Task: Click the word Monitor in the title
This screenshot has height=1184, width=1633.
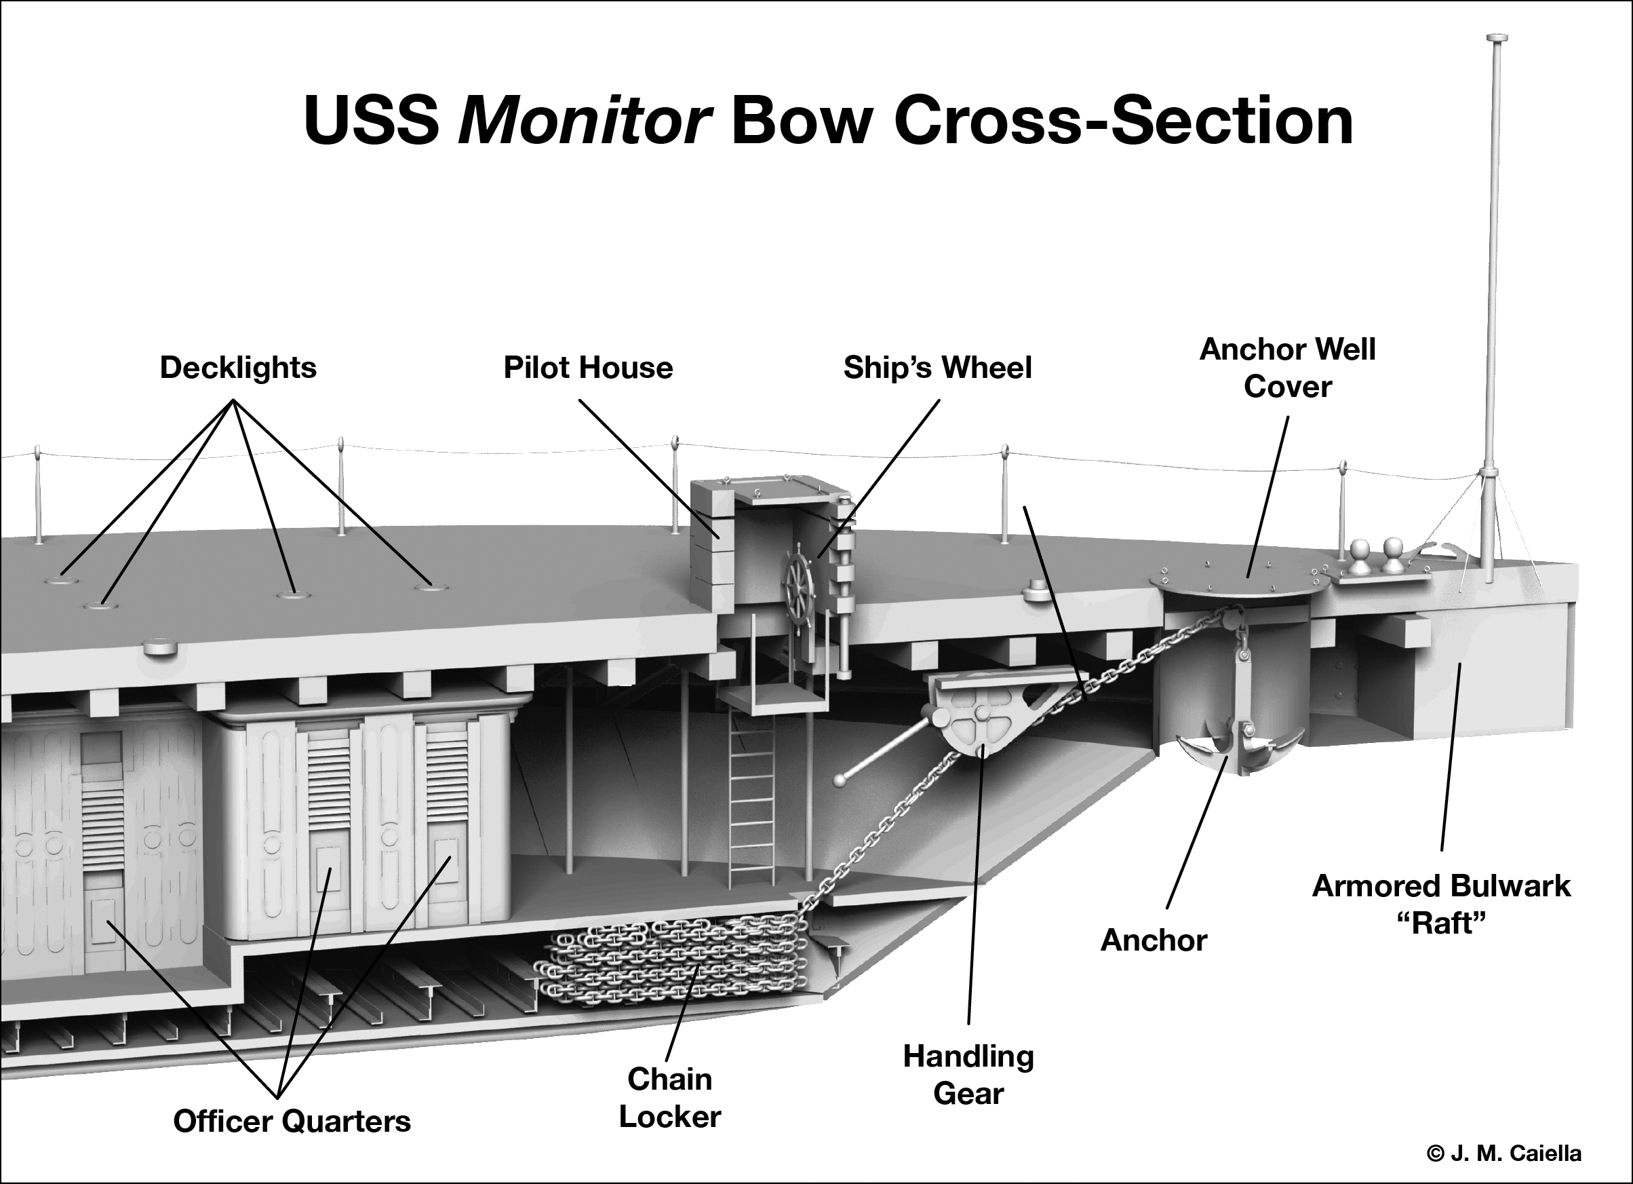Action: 585,119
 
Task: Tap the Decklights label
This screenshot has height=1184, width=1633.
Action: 237,368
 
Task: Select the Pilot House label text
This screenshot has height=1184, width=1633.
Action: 587,368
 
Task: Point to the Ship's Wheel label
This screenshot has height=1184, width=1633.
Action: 937,368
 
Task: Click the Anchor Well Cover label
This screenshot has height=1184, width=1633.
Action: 1287,368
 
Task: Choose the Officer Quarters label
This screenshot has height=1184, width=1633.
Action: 292,1122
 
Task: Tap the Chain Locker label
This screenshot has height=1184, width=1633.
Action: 669,1098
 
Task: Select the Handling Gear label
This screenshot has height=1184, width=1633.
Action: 968,1075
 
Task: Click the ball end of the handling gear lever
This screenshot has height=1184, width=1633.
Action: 839,780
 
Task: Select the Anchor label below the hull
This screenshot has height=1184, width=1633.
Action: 1154,940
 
